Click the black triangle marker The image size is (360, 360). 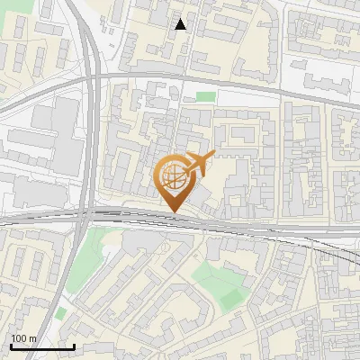click(x=181, y=24)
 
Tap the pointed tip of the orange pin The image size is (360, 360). click(x=174, y=212)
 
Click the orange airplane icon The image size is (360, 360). click(x=201, y=165)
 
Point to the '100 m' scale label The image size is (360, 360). click(x=23, y=338)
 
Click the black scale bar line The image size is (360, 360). click(x=42, y=346)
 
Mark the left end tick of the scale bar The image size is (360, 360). click(x=11, y=346)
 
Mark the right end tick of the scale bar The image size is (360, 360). click(x=74, y=346)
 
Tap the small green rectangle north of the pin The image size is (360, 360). click(x=206, y=96)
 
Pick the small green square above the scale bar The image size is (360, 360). click(x=60, y=312)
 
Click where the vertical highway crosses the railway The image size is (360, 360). click(x=91, y=216)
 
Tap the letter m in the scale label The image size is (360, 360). click(x=33, y=338)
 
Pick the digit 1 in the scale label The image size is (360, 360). click(x=13, y=338)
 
